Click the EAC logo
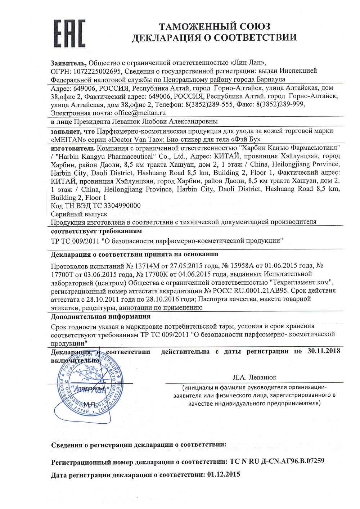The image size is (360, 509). point(69,35)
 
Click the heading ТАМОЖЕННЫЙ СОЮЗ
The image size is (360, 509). point(215,26)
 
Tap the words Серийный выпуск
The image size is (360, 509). point(74,214)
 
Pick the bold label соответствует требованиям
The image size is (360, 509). point(96,231)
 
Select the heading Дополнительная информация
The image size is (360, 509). point(100,317)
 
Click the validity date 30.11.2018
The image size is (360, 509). point(324,351)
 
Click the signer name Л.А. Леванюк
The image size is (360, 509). point(255,377)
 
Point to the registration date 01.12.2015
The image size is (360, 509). point(223,474)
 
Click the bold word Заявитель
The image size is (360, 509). point(69,62)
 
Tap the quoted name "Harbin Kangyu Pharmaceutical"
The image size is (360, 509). point(103,156)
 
